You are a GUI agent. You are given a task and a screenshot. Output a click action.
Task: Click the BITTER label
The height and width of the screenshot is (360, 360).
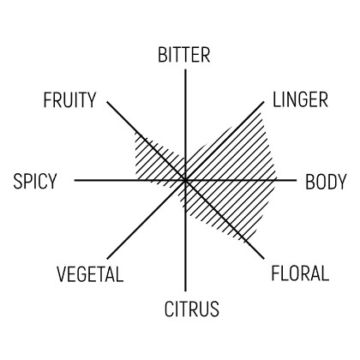184,55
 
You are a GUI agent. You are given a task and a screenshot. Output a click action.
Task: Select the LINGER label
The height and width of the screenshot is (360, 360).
300,99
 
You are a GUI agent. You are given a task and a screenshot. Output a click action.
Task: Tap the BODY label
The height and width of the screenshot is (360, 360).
326,182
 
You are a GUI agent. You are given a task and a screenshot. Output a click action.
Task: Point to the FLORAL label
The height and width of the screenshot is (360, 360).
300,273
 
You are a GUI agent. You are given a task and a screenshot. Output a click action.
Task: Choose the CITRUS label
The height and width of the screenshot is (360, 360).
192,309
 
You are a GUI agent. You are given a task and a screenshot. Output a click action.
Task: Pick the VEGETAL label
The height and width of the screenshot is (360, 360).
90,274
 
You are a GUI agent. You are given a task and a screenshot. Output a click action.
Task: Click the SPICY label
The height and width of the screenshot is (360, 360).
35,181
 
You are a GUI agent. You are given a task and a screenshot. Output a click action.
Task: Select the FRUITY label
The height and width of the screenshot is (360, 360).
69,100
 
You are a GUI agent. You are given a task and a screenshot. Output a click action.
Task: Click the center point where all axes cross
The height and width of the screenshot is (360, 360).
185,180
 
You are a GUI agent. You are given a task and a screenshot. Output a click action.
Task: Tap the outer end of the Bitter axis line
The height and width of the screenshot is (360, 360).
185,69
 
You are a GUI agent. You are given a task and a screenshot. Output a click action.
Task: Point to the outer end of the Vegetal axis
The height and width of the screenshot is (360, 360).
107,259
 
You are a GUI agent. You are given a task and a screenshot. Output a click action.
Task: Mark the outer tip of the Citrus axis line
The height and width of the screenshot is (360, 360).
185,291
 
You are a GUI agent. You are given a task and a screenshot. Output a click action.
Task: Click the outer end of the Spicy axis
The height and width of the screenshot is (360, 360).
75,180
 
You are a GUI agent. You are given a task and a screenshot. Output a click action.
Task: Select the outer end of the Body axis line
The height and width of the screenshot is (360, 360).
297,180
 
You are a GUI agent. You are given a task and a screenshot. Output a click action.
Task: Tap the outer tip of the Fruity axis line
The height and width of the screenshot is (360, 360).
107,102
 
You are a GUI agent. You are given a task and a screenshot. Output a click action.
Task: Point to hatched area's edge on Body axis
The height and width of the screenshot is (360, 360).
277,180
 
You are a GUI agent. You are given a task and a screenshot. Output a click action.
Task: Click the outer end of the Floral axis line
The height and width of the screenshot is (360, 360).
263,259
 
